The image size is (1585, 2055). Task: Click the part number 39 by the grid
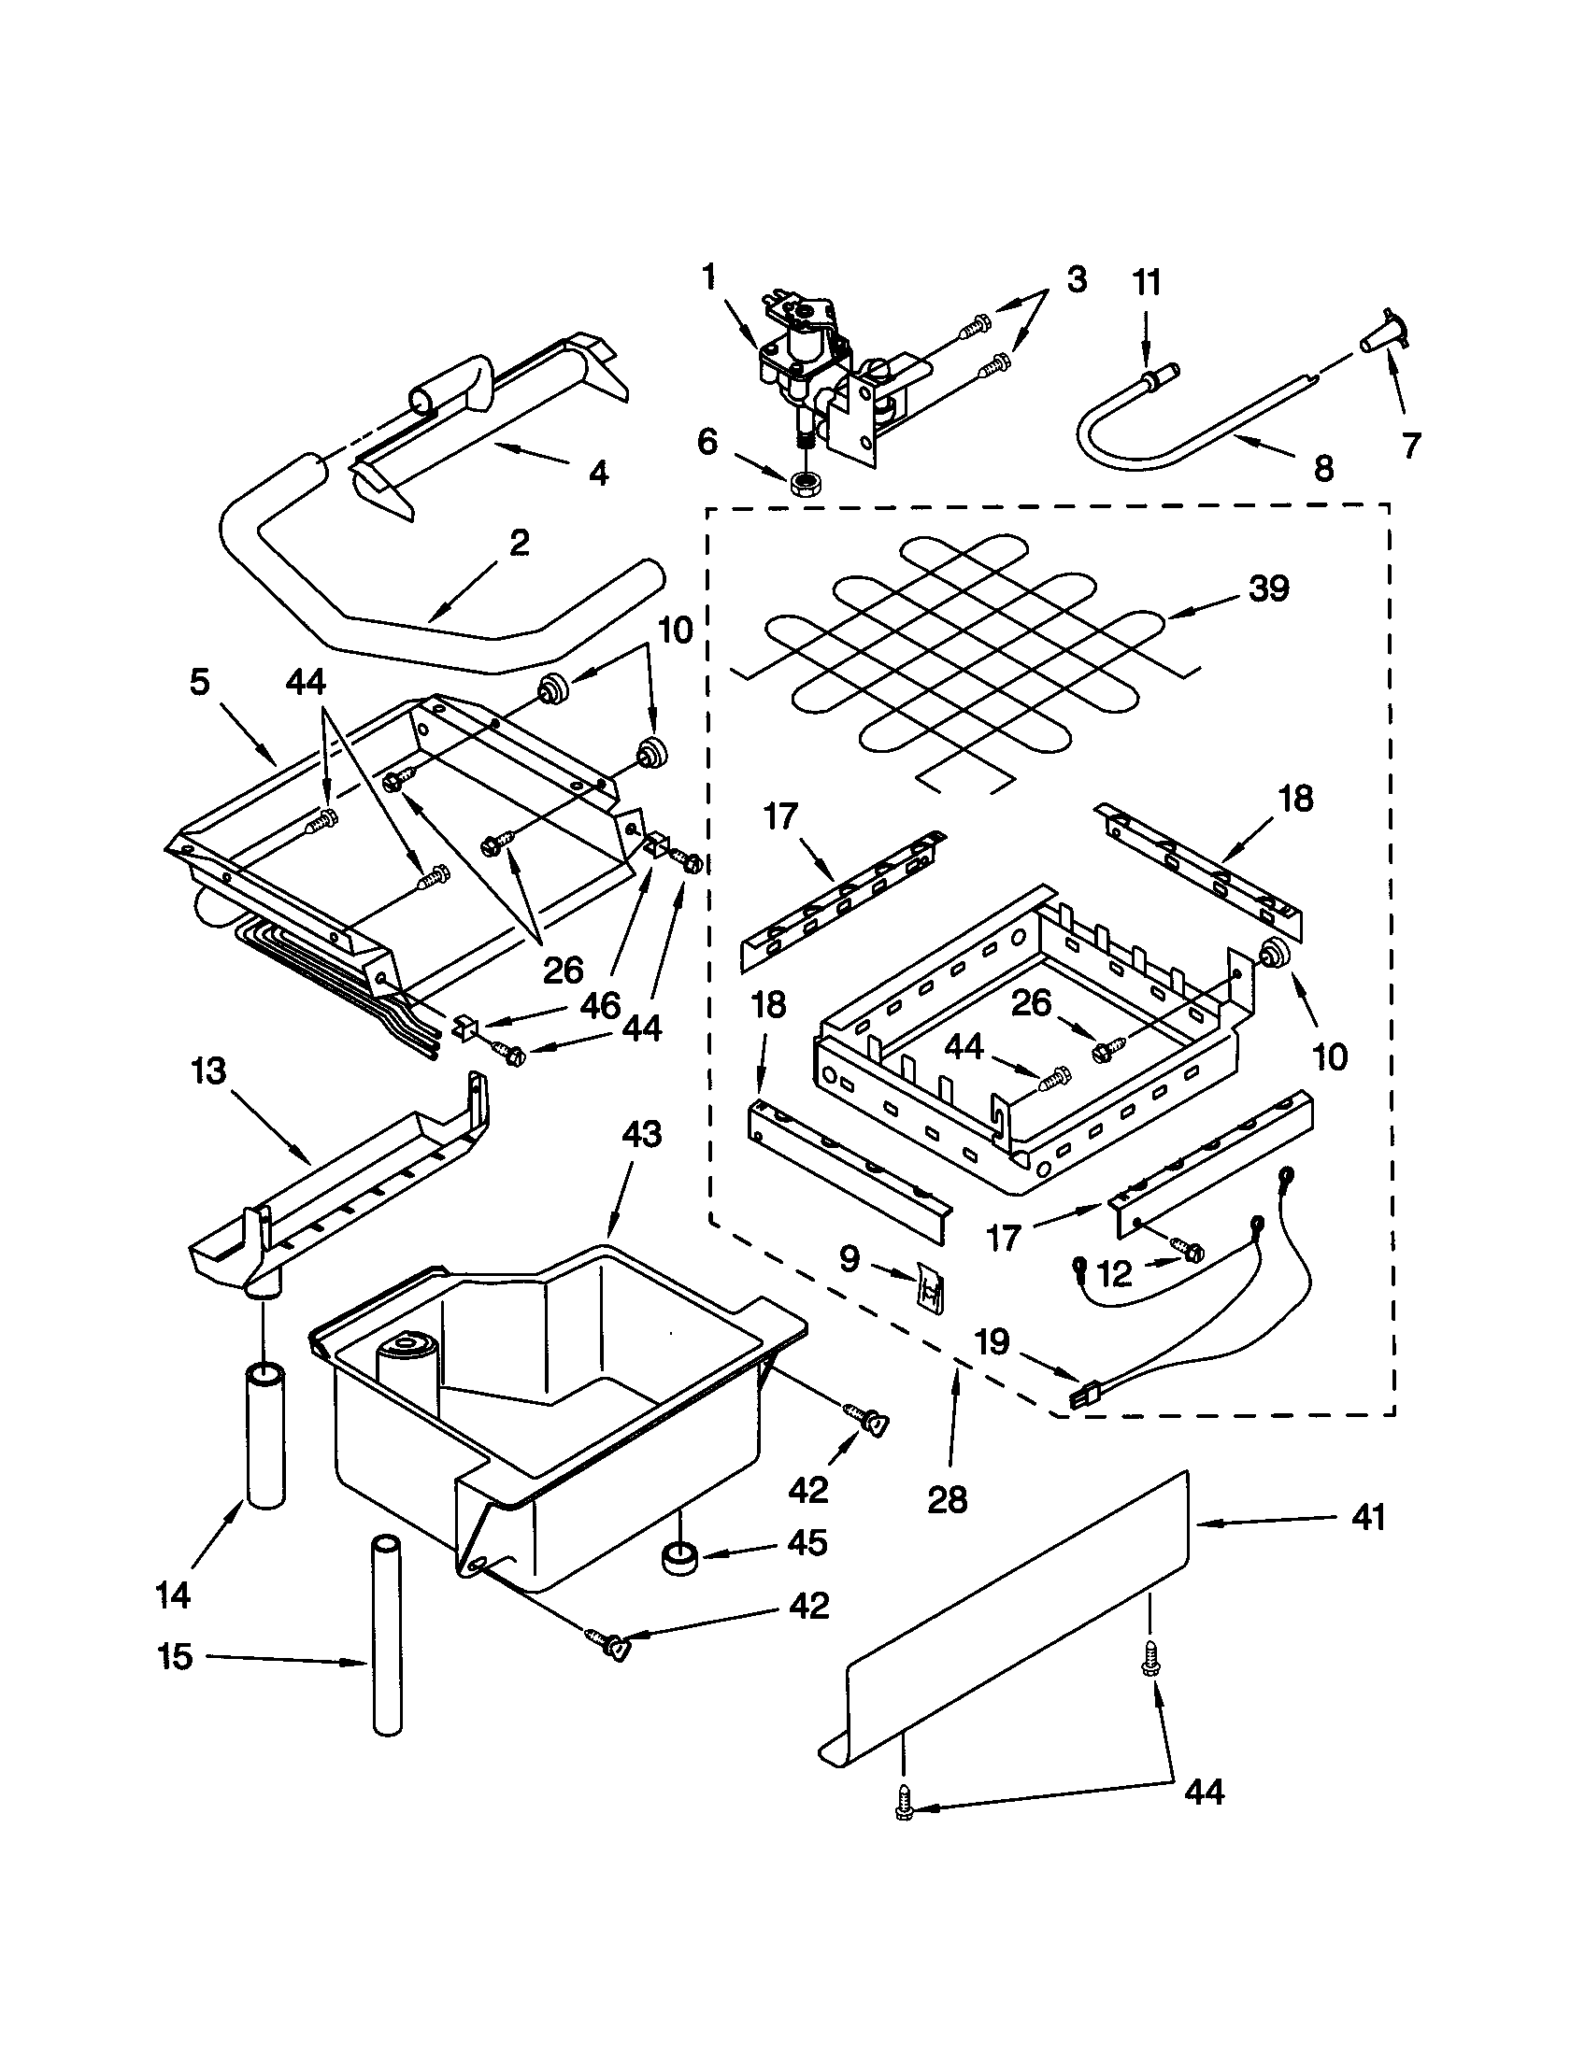(1268, 590)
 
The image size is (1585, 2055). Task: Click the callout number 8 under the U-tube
(1323, 468)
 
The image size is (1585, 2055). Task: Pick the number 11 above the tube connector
(1147, 282)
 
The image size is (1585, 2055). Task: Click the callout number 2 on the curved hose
(519, 543)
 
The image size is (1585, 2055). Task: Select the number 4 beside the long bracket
(599, 472)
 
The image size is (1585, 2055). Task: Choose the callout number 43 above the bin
(641, 1135)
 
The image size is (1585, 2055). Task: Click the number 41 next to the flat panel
(1368, 1518)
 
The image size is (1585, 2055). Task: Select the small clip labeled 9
(932, 1285)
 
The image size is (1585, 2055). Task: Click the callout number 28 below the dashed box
(947, 1500)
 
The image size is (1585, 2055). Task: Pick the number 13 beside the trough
(209, 1071)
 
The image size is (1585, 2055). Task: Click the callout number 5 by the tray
(199, 683)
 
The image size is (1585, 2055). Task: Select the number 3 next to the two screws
(1077, 279)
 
